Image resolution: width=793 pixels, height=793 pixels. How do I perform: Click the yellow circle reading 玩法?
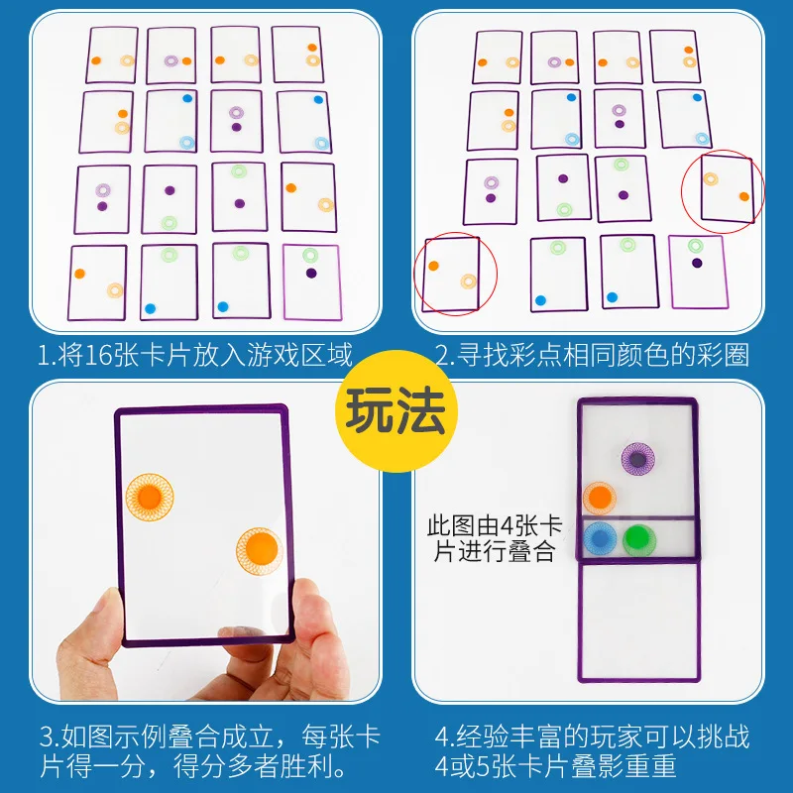396,410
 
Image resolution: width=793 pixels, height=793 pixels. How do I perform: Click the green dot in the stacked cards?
638,539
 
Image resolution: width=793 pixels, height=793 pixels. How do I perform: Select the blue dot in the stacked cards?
600,538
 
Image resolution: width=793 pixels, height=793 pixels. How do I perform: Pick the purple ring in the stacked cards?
637,459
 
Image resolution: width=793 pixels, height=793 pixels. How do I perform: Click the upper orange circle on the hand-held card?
150,497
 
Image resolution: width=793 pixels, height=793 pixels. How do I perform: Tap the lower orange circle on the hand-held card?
260,551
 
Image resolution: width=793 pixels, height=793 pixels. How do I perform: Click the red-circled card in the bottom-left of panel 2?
451,275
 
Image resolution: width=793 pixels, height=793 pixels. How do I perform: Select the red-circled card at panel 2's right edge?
728,189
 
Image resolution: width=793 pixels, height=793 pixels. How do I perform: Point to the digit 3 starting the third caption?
46,737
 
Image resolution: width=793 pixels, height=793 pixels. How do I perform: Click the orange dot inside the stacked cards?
600,498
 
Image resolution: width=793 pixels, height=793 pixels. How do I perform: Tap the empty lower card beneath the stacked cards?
639,622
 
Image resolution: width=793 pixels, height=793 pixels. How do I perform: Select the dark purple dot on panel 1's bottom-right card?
311,274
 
